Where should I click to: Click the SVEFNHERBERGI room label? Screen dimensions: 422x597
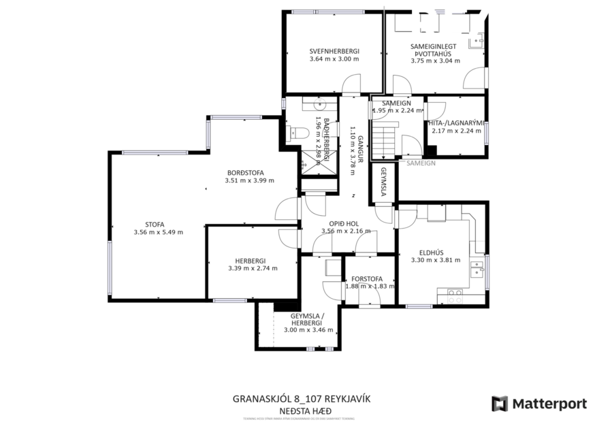pos(334,51)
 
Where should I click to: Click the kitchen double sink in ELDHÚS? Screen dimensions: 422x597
pos(479,271)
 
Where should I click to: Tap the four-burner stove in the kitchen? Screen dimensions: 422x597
pos(455,296)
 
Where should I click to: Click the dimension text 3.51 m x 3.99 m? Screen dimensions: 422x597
pos(249,181)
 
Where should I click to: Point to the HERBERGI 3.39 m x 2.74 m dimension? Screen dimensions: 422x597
pos(253,268)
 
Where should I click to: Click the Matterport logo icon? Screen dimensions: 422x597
pos(500,404)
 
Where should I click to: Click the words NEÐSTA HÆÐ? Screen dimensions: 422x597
pos(302,410)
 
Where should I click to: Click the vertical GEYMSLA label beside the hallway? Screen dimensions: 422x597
pos(383,182)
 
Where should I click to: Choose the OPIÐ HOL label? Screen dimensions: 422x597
pos(344,223)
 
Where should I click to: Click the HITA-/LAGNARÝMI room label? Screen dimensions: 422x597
pos(456,123)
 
